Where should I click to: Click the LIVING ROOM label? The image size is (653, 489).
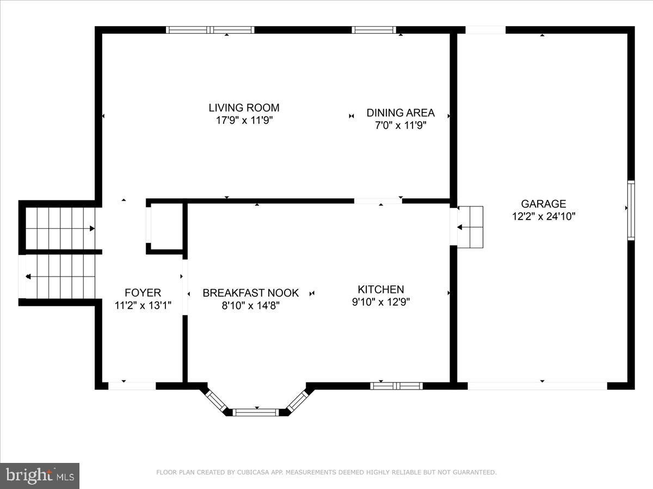pyautogui.click(x=244, y=108)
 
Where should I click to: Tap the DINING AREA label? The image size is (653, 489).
pyautogui.click(x=400, y=113)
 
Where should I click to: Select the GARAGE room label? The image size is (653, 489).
pyautogui.click(x=543, y=204)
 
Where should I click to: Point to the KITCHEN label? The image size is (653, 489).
pyautogui.click(x=380, y=290)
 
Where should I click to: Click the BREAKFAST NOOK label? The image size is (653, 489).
pyautogui.click(x=250, y=293)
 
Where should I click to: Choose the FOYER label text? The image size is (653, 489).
pyautogui.click(x=143, y=293)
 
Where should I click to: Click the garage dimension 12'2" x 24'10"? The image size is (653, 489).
pyautogui.click(x=543, y=216)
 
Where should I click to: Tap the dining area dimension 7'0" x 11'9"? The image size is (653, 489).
pyautogui.click(x=400, y=126)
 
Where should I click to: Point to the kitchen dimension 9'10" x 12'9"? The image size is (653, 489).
pyautogui.click(x=380, y=302)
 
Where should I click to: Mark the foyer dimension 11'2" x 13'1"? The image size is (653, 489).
pyautogui.click(x=143, y=305)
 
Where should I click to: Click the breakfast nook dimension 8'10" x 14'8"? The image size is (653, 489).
pyautogui.click(x=250, y=305)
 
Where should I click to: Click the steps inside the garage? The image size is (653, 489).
pyautogui.click(x=470, y=227)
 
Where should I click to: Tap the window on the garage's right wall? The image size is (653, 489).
pyautogui.click(x=631, y=210)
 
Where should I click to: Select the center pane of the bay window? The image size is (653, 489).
pyautogui.click(x=256, y=412)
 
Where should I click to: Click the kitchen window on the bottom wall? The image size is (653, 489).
pyautogui.click(x=396, y=386)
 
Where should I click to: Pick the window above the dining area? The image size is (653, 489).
pyautogui.click(x=374, y=30)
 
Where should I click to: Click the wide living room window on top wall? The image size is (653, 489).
pyautogui.click(x=210, y=30)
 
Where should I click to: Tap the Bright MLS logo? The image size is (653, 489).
pyautogui.click(x=40, y=476)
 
